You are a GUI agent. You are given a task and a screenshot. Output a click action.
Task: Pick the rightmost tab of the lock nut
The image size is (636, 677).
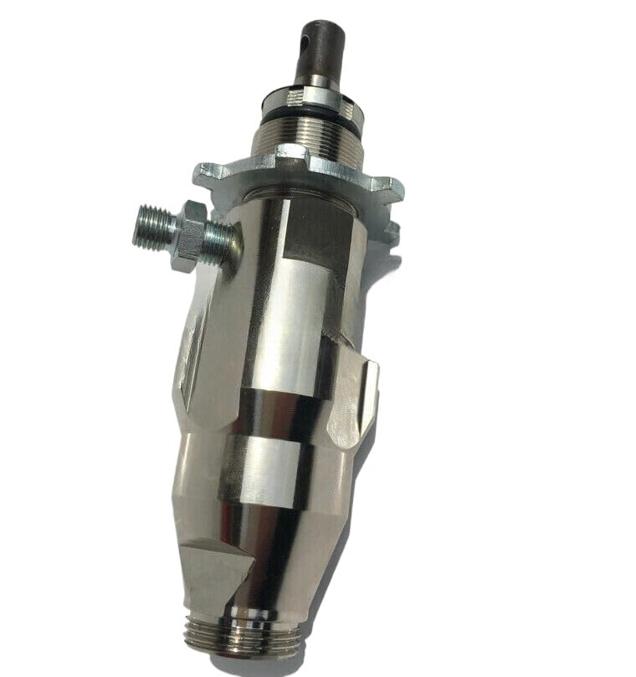[x=389, y=188]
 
